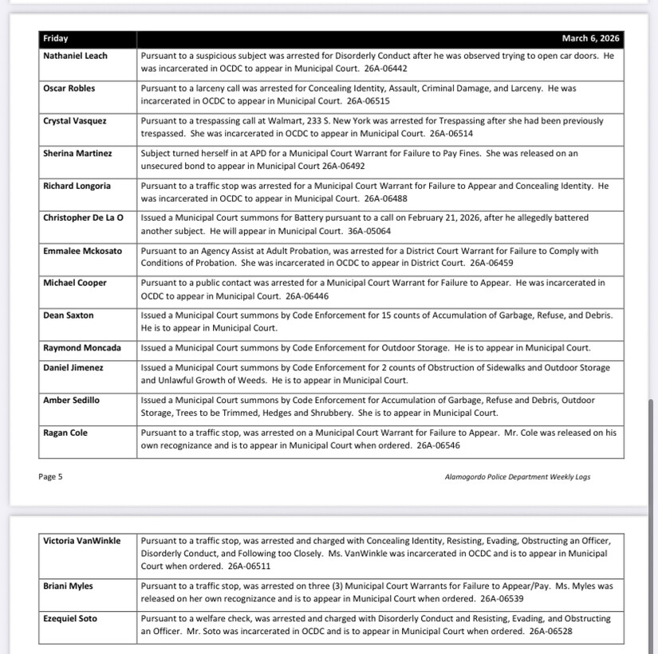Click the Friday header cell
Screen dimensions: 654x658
coord(56,38)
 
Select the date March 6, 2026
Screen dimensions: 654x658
coord(590,38)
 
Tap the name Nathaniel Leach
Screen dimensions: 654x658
coord(75,56)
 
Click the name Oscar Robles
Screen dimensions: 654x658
coord(69,88)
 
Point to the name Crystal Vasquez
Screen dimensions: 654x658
coord(74,120)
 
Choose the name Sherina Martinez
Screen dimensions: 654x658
coord(77,153)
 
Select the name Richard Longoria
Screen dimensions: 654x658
coord(77,186)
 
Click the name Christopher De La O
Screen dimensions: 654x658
coord(83,217)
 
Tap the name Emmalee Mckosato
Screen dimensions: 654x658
coord(83,250)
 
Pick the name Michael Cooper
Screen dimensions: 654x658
coord(74,283)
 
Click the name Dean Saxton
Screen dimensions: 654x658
coord(68,315)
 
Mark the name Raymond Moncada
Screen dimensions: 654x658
coord(82,348)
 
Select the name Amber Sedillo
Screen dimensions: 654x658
coord(71,400)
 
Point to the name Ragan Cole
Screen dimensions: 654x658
coord(65,433)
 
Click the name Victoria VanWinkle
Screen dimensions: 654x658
coord(82,541)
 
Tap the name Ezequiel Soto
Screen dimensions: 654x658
coord(70,618)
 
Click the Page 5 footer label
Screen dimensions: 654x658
coord(50,477)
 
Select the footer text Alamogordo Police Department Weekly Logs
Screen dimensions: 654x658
coord(518,477)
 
